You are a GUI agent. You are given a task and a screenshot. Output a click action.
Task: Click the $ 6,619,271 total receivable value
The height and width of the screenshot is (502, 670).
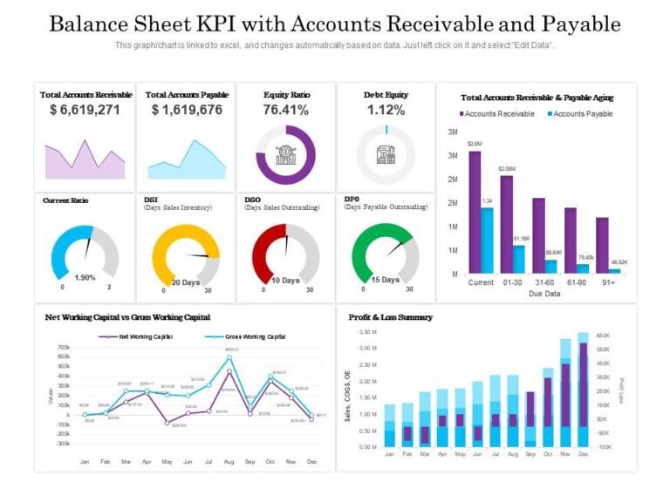85,110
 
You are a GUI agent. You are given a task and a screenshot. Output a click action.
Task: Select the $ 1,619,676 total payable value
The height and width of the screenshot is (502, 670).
186,110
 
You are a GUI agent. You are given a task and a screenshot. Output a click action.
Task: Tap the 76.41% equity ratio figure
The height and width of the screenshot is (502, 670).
285,110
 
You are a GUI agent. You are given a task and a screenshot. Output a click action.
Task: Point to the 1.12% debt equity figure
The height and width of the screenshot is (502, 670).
386,110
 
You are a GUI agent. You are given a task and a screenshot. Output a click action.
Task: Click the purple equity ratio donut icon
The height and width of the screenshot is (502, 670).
285,155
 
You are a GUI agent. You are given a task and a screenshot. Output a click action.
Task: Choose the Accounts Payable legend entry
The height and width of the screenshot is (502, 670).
579,113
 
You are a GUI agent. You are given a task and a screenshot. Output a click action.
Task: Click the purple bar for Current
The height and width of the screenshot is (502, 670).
475,213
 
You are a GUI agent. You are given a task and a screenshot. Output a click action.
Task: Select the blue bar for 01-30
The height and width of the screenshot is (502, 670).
519,259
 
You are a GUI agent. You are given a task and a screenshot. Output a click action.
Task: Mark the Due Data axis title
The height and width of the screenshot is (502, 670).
545,294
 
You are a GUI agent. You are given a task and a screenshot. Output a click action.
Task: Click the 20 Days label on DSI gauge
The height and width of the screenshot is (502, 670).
185,282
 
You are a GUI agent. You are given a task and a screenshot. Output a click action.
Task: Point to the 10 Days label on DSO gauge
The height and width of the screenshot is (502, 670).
285,281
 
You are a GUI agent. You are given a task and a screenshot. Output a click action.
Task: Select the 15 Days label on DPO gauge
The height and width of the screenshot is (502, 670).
385,280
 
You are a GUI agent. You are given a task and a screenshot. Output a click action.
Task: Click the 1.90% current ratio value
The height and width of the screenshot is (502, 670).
85,277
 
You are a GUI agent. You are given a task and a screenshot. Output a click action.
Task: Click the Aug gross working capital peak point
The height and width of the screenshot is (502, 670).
229,357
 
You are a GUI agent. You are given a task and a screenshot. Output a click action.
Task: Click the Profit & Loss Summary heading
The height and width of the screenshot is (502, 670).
390,317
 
